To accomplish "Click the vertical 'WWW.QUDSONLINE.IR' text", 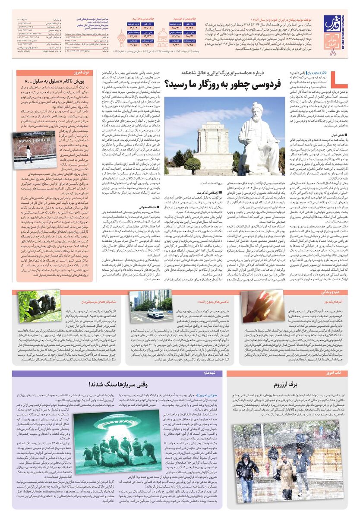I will (x=342, y=25).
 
